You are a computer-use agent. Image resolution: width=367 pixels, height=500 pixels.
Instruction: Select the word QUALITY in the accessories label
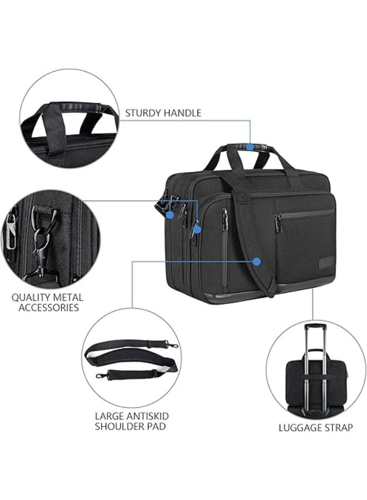[31, 298]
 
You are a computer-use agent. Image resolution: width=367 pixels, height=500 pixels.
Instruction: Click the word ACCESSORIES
[48, 308]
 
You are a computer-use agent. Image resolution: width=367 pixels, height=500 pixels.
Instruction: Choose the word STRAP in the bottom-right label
[338, 428]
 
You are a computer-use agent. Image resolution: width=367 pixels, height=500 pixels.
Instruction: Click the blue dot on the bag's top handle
[250, 147]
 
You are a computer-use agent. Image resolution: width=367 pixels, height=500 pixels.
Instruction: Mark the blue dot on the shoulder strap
[256, 262]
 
